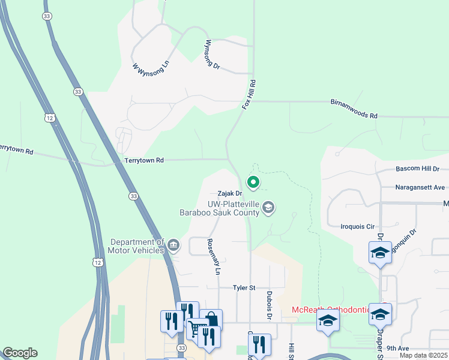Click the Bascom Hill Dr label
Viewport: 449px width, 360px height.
coord(417,169)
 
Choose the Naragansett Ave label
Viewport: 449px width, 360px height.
coord(420,187)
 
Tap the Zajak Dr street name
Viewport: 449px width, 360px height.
coord(229,194)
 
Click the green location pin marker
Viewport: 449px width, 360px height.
coord(253,182)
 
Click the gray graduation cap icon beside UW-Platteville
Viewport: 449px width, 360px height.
coord(268,208)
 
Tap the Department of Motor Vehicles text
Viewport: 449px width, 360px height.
coord(136,245)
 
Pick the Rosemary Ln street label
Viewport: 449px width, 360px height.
coord(214,257)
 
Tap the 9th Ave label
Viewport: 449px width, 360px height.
coord(397,348)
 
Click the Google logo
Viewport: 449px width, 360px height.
coord(20,353)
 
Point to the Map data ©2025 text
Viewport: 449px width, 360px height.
coord(423,355)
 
